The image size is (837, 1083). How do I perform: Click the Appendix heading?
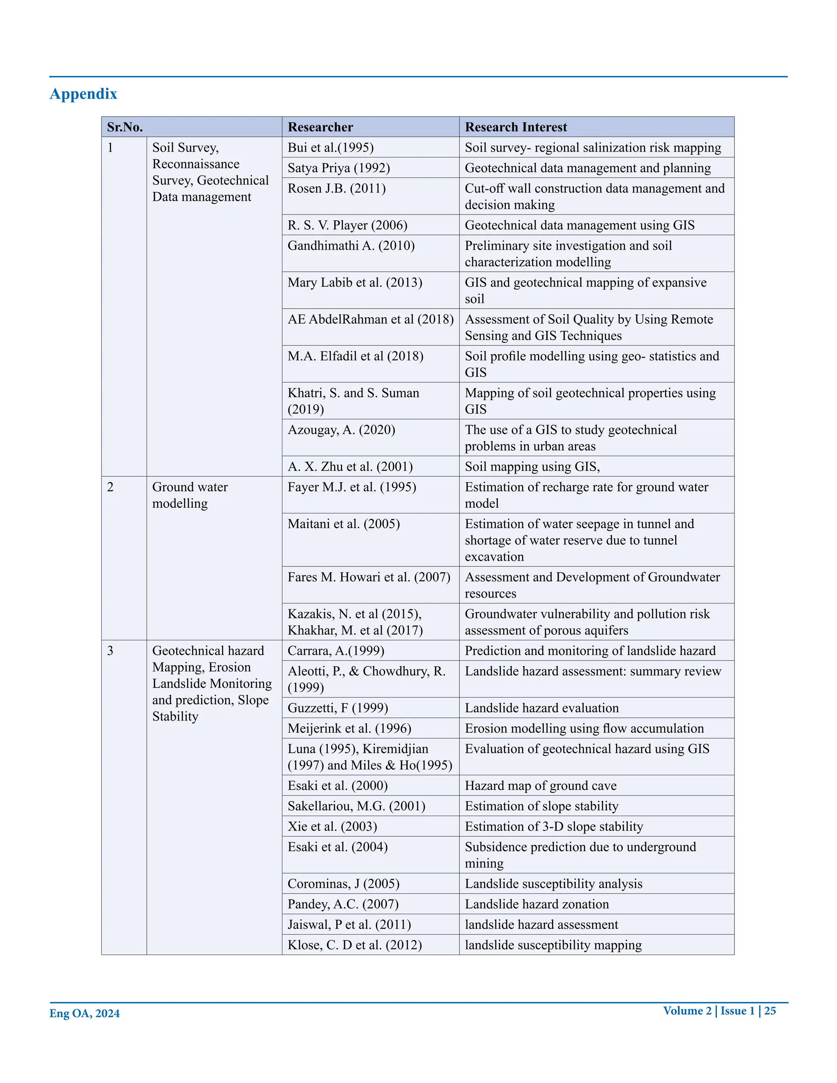[83, 94]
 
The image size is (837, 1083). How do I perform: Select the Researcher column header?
[320, 127]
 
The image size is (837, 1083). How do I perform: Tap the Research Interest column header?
[516, 127]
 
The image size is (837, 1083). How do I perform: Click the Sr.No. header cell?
[125, 127]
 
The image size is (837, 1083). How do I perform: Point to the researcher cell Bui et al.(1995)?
[331, 148]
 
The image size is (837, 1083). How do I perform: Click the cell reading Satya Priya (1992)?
[339, 168]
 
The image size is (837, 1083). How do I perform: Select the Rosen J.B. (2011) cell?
[337, 188]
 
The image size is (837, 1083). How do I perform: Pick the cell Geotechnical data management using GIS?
[579, 225]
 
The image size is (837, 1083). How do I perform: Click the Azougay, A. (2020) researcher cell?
[341, 430]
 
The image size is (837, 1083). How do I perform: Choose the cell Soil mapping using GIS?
[532, 467]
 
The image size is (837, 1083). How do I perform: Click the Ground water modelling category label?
[190, 495]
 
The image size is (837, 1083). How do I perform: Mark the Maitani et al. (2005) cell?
[344, 524]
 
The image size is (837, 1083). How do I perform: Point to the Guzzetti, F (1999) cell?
[338, 708]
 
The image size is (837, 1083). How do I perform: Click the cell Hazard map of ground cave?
[540, 786]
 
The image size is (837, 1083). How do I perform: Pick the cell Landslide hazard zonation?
[537, 904]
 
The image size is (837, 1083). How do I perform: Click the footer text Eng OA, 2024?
[84, 1013]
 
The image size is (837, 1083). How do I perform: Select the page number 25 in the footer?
[770, 1011]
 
